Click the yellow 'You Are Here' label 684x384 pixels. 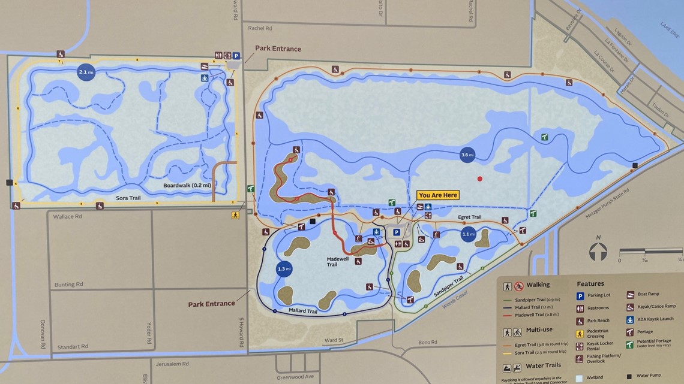pyautogui.click(x=438, y=195)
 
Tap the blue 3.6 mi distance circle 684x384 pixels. pyautogui.click(x=467, y=155)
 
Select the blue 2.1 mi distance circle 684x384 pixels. pyautogui.click(x=86, y=72)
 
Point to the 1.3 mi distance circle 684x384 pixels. pyautogui.click(x=284, y=269)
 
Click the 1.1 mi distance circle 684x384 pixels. pyautogui.click(x=468, y=234)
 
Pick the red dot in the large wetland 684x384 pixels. pyautogui.click(x=479, y=179)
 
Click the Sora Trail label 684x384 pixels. pyautogui.click(x=128, y=198)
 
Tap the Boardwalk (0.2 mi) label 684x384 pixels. pyautogui.click(x=187, y=186)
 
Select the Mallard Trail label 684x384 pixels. pyautogui.click(x=302, y=311)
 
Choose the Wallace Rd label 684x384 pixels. pyautogui.click(x=67, y=216)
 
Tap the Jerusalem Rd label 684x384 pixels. pyautogui.click(x=173, y=364)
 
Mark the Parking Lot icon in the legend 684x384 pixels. pyautogui.click(x=580, y=296)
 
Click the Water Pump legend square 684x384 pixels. pyautogui.click(x=629, y=376)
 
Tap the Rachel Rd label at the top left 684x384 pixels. pyautogui.click(x=260, y=28)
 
